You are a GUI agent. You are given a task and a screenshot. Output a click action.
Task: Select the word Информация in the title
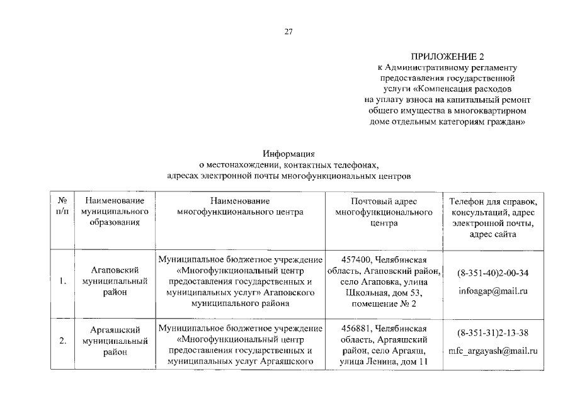[288, 154]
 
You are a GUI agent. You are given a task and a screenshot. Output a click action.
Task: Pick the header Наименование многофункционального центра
[241, 207]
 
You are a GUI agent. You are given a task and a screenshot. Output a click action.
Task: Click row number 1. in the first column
[63, 281]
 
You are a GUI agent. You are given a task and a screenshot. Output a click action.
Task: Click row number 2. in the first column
[63, 341]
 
